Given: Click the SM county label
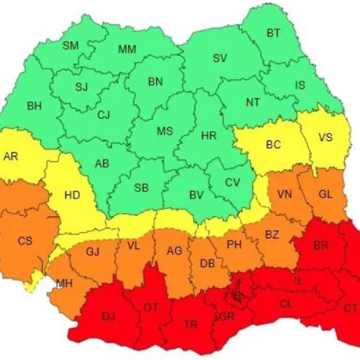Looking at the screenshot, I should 71,45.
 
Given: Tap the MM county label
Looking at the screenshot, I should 127,49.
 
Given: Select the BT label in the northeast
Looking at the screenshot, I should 274,32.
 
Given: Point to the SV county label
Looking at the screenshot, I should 220,58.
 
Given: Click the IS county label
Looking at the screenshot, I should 300,85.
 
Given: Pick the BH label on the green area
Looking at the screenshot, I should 35,106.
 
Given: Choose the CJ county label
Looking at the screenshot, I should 104,114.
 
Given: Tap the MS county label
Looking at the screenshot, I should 165,131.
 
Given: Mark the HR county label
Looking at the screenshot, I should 209,135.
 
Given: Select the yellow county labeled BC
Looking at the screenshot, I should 274,145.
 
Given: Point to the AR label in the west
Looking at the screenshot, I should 11,156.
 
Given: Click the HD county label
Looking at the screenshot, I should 72,194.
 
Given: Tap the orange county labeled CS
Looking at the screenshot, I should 25,240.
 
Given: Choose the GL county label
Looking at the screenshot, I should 325,194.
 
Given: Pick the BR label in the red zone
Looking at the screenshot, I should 321,246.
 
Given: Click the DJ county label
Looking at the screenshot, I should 108,315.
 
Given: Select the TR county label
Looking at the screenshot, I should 190,325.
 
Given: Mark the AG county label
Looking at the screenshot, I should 174,251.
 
